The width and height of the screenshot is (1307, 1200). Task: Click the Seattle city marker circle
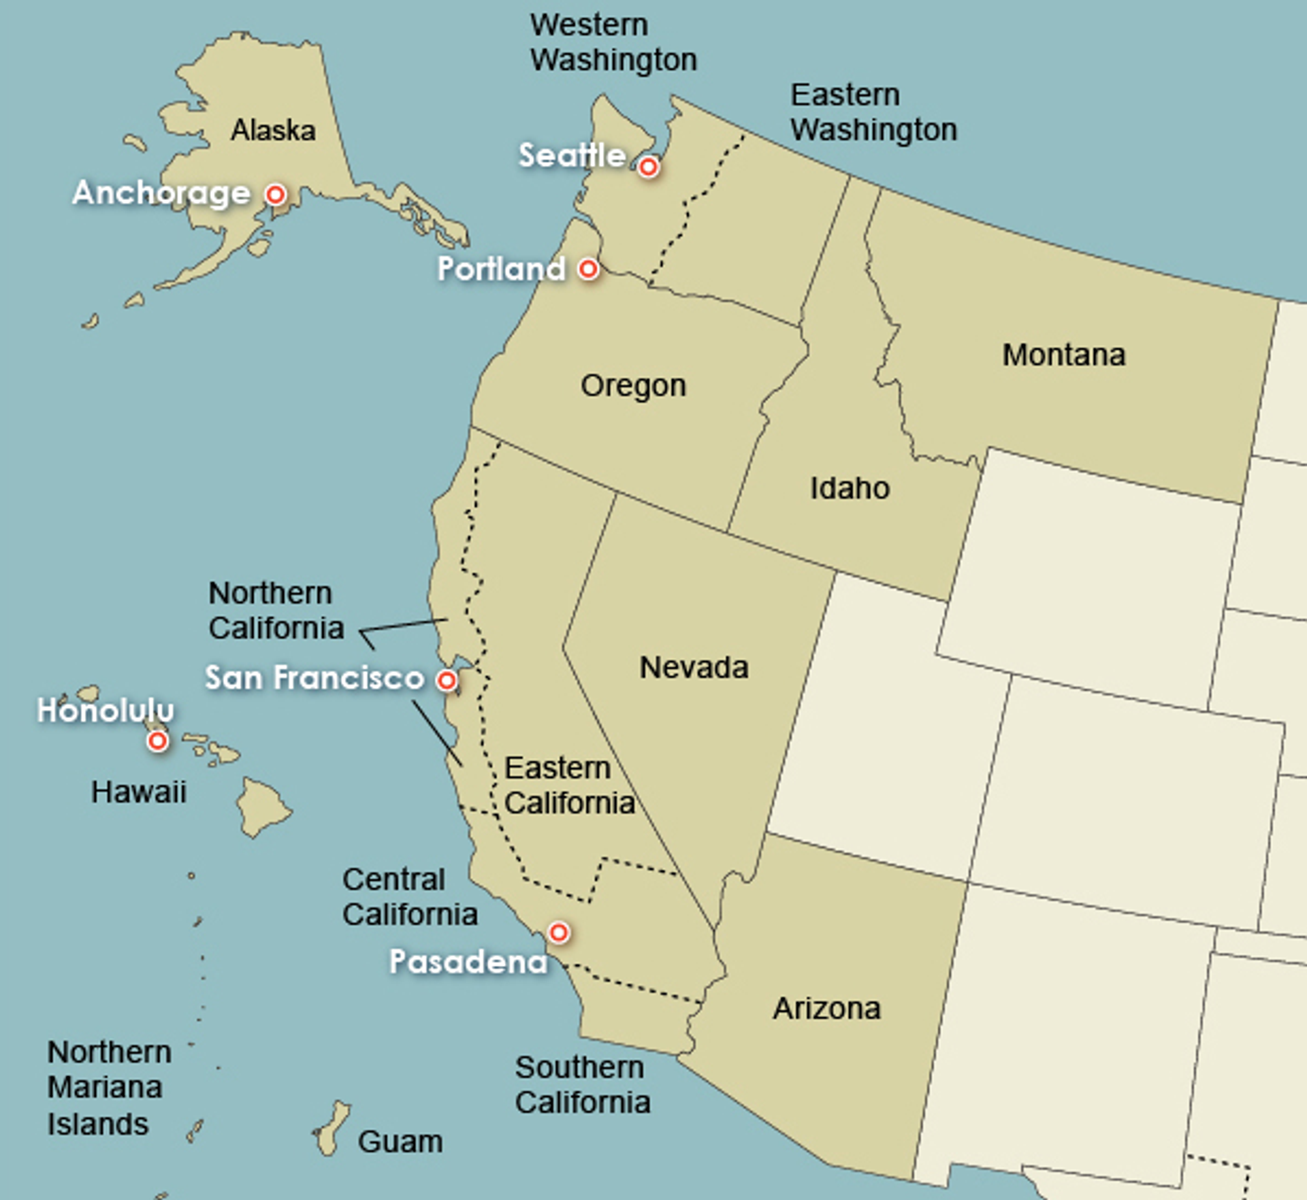pos(648,166)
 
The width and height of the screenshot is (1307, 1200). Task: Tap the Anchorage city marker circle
pos(276,195)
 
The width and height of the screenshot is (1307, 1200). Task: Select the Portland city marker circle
pos(588,269)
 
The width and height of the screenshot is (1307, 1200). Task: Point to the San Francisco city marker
pos(447,679)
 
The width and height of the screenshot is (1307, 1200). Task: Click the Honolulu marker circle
pos(157,740)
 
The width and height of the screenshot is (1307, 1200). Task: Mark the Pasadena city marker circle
pos(559,932)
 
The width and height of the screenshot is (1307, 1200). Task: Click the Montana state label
pos(1063,355)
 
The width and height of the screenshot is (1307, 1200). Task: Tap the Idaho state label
pos(850,488)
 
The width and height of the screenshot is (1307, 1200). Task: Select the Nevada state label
pos(694,667)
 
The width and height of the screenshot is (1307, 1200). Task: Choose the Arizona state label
pos(826,1008)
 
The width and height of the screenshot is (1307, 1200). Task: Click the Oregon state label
pos(633,385)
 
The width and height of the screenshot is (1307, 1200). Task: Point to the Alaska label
pos(273,130)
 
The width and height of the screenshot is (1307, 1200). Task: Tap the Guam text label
pos(400,1141)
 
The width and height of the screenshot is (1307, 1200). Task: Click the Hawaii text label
pos(139,792)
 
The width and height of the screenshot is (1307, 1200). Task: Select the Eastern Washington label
pos(873,112)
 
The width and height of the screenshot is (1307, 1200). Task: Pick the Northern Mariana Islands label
pos(109,1088)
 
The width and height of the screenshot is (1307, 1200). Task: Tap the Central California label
pos(410,896)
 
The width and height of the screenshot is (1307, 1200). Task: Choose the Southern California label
pos(582,1084)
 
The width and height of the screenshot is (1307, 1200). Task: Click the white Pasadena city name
pos(468,962)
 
